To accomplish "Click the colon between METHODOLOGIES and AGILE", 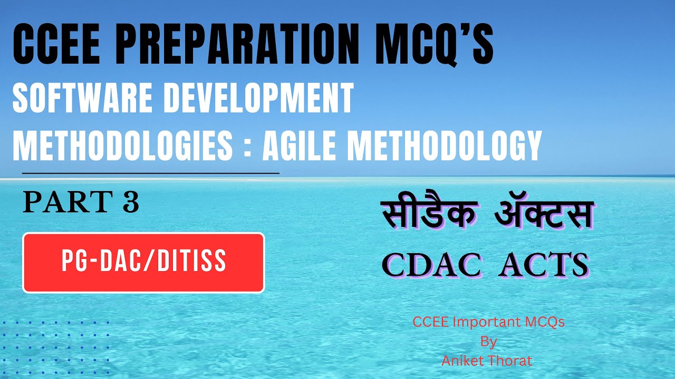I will pos(248,147).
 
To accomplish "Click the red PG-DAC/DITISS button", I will pos(143,262).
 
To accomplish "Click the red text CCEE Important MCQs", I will pos(488,322).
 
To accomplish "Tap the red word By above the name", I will pos(488,342).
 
